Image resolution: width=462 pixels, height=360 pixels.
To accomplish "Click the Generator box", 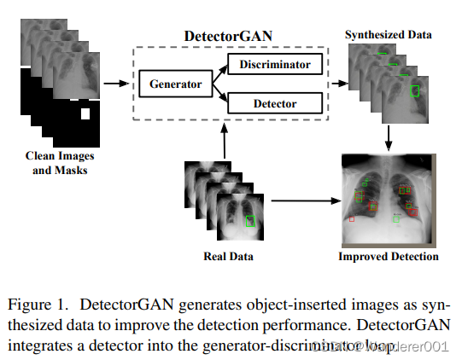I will [x=175, y=84].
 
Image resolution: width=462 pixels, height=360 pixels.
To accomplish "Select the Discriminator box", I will [x=276, y=65].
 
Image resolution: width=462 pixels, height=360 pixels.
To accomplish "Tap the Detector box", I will [x=276, y=103].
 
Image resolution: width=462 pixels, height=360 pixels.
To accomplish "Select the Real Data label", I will [x=227, y=256].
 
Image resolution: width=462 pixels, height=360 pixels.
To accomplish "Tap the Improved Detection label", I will [x=389, y=256].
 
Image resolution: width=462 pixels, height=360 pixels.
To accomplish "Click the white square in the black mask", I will [x=85, y=113].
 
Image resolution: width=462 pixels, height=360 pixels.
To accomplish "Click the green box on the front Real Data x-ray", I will [x=249, y=220].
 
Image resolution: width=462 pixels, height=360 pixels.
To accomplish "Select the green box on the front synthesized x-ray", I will [x=415, y=90].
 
